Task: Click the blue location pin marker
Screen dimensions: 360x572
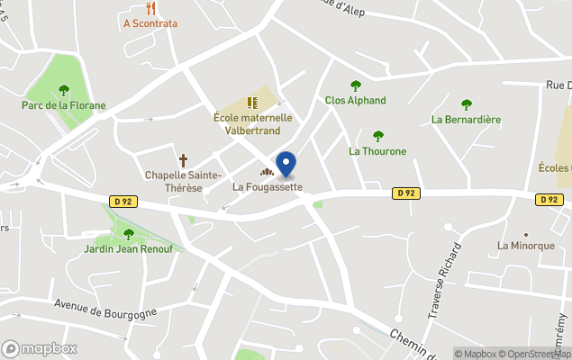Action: (x=286, y=164)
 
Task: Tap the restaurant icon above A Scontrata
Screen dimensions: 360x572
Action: (x=150, y=9)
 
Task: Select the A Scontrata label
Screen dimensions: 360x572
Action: (x=150, y=23)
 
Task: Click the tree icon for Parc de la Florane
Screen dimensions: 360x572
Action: (x=63, y=90)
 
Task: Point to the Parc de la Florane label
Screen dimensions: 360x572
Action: (x=63, y=105)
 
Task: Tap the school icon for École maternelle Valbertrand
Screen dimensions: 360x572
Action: (x=252, y=103)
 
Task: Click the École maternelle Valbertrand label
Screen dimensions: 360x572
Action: (x=252, y=124)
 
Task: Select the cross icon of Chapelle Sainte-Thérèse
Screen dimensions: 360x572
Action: (x=183, y=160)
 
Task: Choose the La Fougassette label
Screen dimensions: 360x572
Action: (x=268, y=187)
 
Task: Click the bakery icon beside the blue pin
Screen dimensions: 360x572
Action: (x=267, y=172)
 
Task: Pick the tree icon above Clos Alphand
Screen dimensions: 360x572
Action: (x=355, y=85)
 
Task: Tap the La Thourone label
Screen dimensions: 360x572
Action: (x=377, y=151)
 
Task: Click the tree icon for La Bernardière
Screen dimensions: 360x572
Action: (x=466, y=104)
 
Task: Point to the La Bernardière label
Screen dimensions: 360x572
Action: (x=466, y=119)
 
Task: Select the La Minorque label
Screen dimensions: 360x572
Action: (x=526, y=245)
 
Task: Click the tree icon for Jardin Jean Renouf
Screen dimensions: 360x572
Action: (x=128, y=234)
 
